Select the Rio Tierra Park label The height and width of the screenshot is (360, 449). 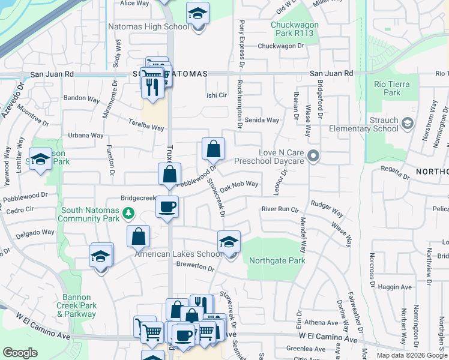tap(387, 88)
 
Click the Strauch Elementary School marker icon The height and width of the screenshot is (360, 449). tap(408, 124)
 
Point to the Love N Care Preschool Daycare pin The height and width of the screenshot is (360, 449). tap(313, 157)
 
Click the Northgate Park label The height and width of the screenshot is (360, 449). tap(277, 260)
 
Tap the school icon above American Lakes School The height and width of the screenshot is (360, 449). tap(229, 241)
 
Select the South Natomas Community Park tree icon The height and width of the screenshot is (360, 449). tap(127, 213)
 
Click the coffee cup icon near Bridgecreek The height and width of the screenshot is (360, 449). tap(167, 207)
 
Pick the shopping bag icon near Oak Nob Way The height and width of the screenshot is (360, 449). tap(213, 149)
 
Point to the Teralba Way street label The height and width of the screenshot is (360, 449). tap(146, 128)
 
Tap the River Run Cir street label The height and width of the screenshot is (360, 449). tap(280, 209)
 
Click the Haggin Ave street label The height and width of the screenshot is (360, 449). tap(396, 288)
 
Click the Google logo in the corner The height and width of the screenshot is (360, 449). tap(20, 353)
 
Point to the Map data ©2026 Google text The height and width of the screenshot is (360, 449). tap(412, 355)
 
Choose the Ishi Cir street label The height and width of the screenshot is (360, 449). tap(217, 95)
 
